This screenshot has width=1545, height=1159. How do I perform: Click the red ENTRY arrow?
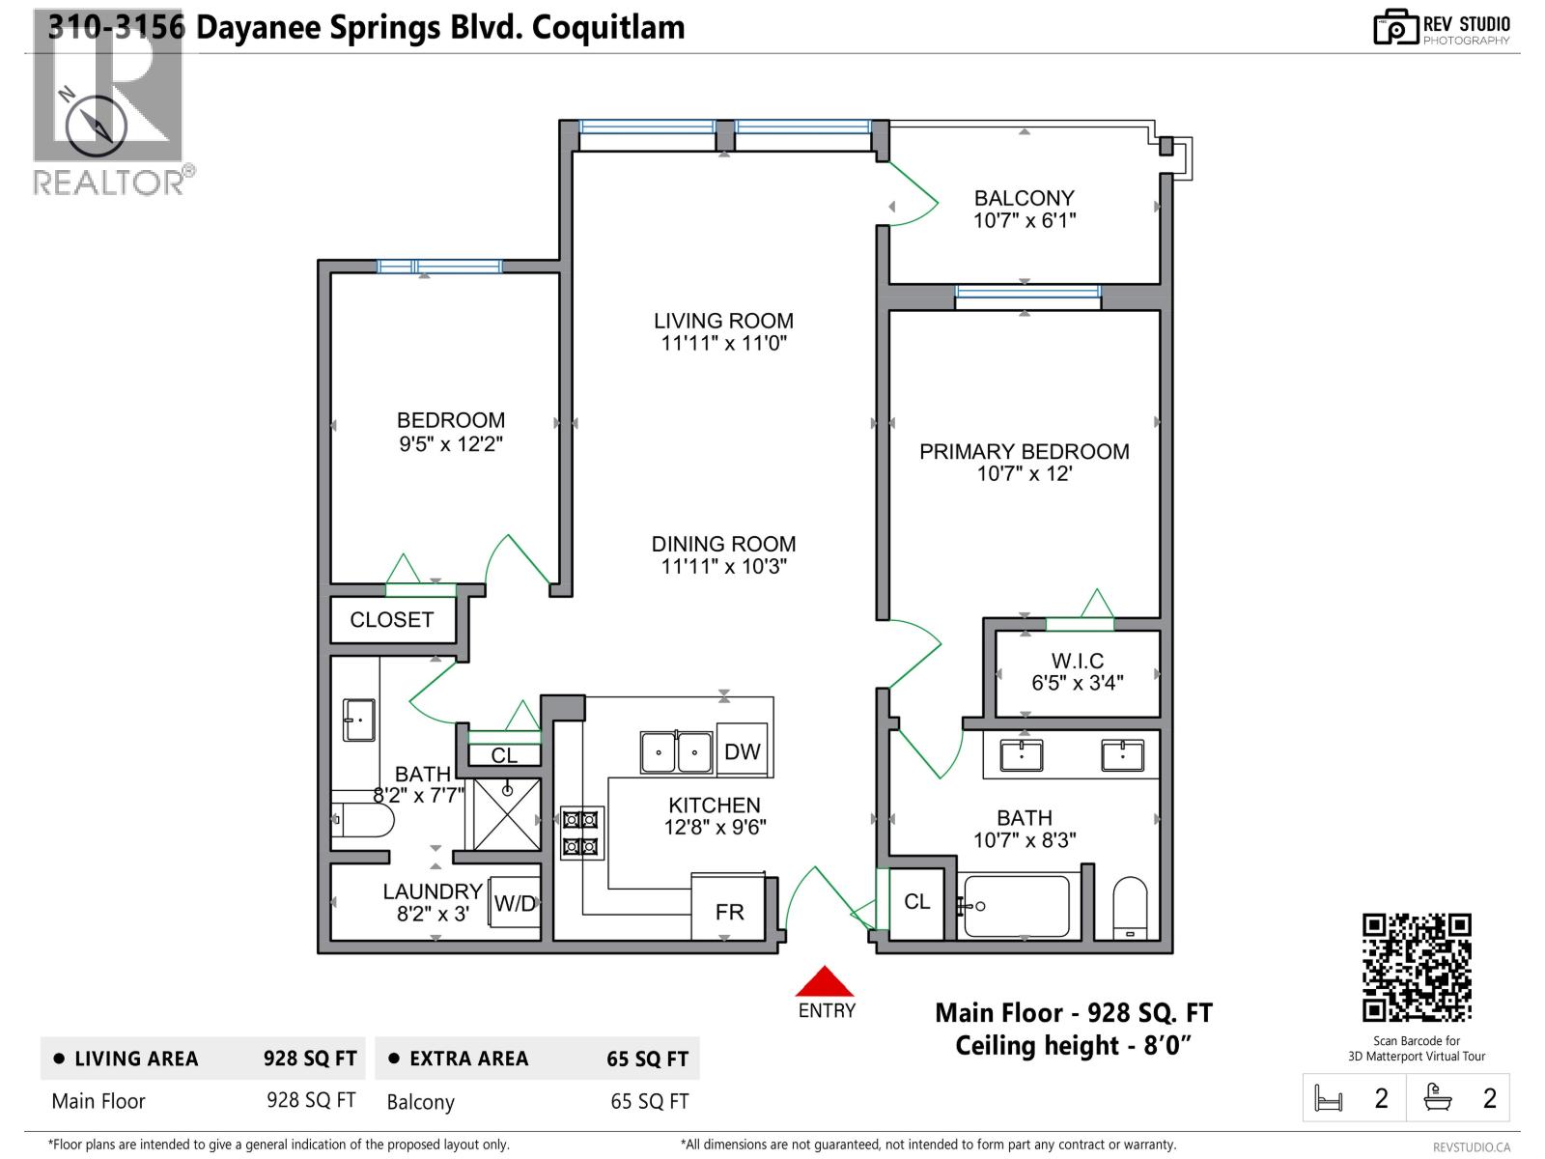point(825,982)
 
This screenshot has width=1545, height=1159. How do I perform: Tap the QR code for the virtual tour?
point(1417,967)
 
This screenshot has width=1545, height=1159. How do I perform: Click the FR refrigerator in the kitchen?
point(728,911)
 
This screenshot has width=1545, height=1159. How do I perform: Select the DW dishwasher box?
point(742,750)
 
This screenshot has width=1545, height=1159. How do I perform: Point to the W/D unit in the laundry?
point(514,903)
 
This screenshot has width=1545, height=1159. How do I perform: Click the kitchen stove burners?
point(581,833)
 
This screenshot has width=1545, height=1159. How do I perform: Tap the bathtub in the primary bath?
point(1017,906)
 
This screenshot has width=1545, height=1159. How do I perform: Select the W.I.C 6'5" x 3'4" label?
point(1077,672)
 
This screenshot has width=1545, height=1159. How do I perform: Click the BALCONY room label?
point(1024,198)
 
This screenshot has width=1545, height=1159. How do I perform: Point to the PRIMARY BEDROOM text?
point(1024,451)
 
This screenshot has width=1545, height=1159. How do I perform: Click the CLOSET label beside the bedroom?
point(391,620)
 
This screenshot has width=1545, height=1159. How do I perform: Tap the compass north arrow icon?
point(95,126)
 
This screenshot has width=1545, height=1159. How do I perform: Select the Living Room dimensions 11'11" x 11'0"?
point(723,344)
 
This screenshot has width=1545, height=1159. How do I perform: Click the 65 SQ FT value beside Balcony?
point(649,1101)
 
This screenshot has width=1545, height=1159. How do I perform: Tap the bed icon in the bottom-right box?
point(1329,1099)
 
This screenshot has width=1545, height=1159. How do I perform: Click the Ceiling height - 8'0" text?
point(1073,1046)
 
